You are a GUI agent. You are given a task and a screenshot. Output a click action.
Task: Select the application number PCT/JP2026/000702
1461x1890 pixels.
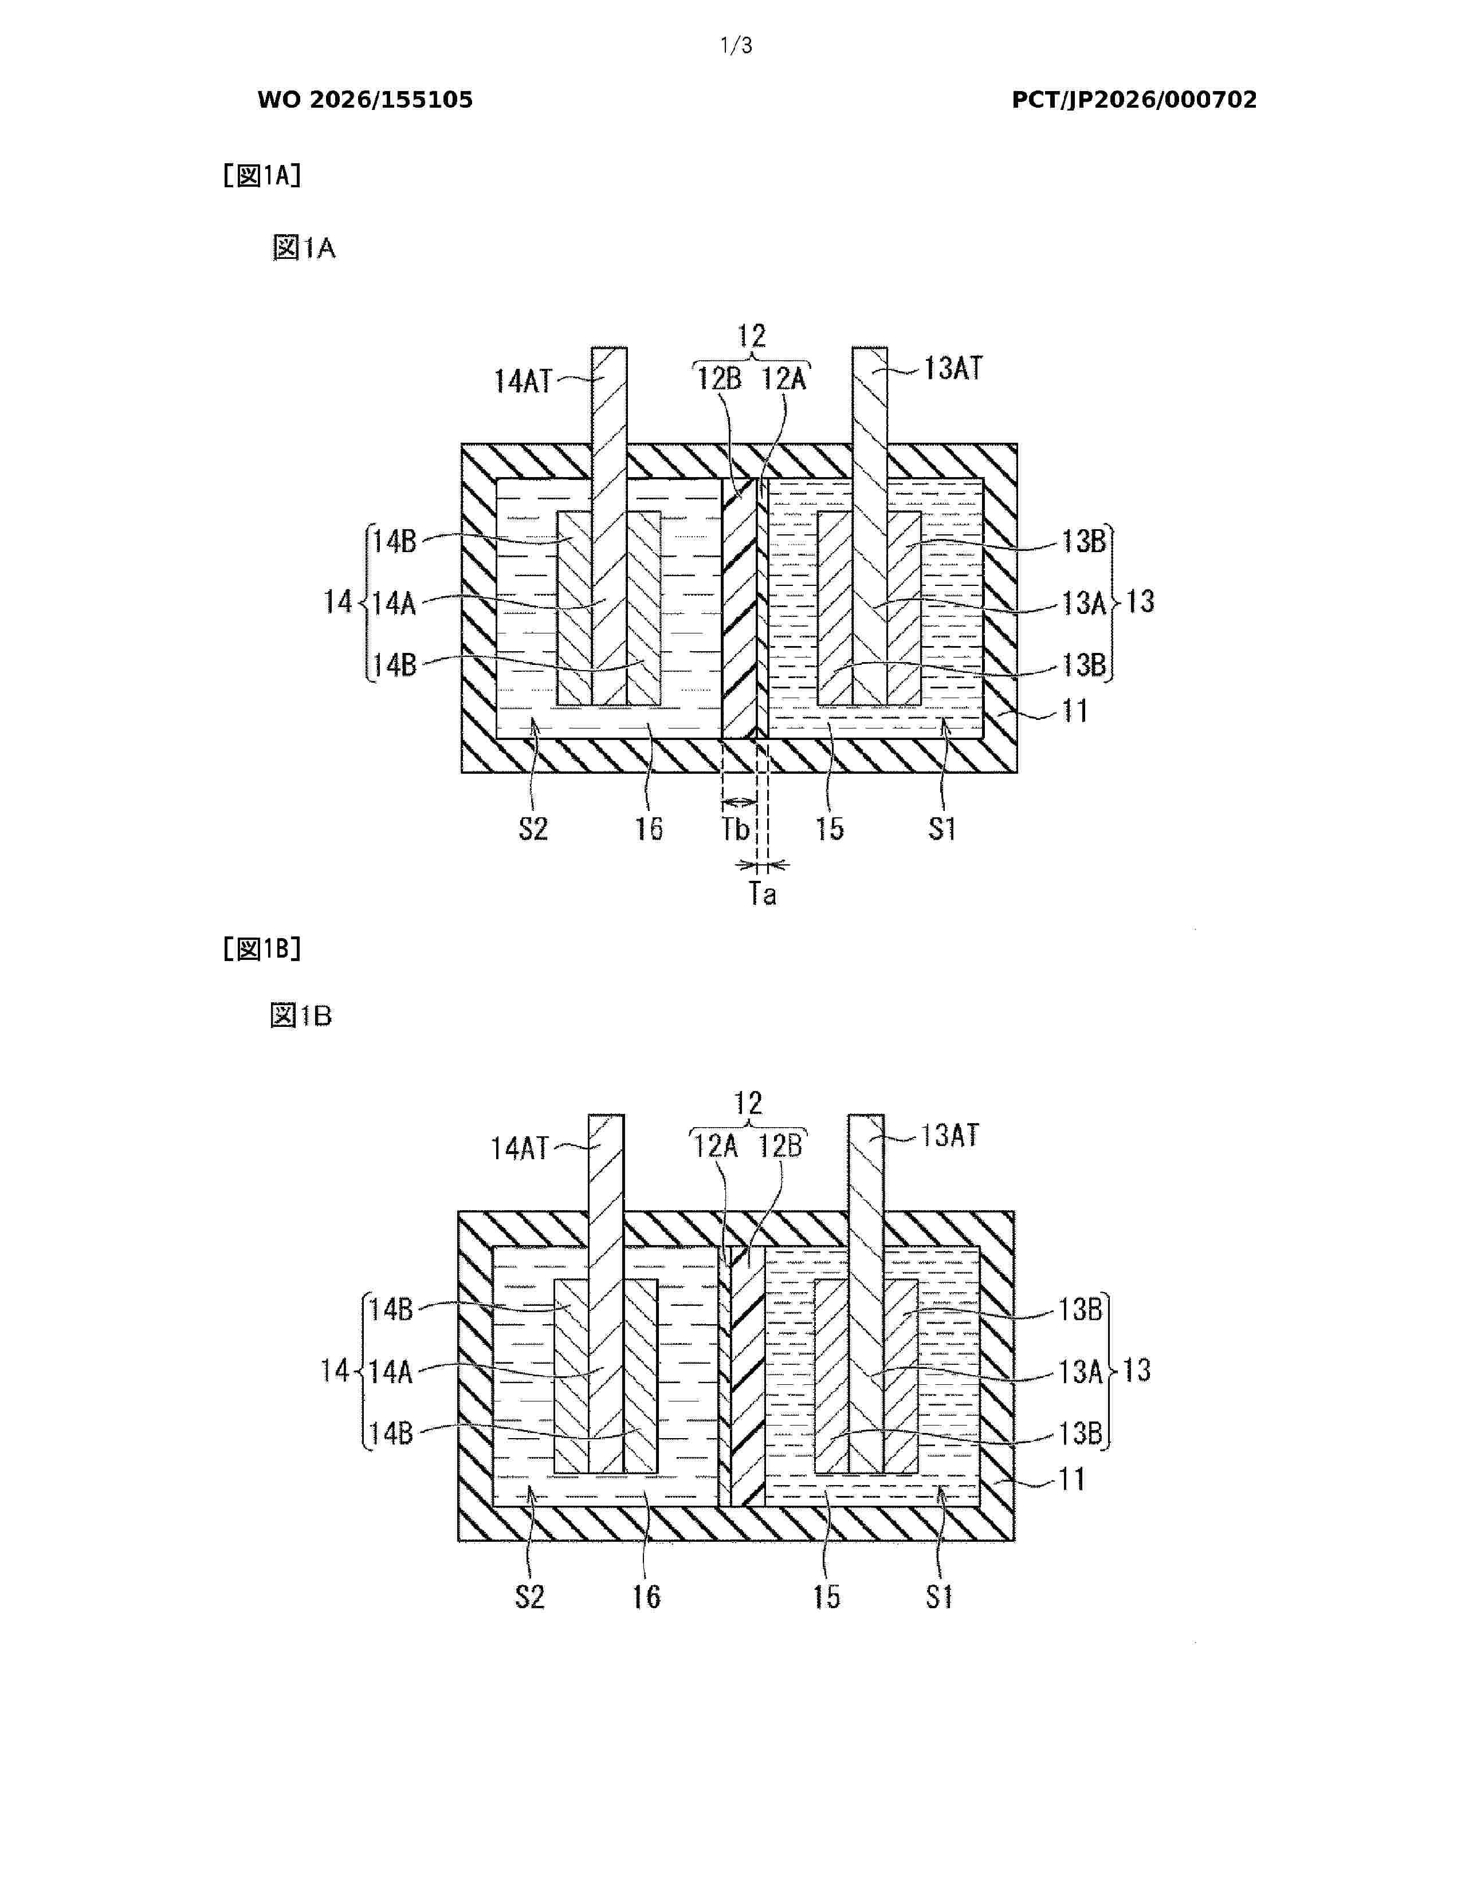[x=1134, y=100]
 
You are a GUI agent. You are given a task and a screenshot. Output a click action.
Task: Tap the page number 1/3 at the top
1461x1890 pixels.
[x=737, y=46]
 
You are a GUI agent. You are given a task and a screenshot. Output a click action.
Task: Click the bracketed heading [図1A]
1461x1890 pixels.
[x=261, y=176]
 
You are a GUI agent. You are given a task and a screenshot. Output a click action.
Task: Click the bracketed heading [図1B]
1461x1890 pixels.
[x=261, y=950]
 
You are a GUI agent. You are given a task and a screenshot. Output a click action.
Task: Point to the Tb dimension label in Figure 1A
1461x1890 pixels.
[x=736, y=829]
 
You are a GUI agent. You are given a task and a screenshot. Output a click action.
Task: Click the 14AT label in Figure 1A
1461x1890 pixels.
[x=523, y=381]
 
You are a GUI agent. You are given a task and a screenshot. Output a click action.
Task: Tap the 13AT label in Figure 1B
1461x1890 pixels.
[x=949, y=1135]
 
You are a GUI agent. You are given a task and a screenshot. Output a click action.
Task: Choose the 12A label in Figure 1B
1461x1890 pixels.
[x=716, y=1147]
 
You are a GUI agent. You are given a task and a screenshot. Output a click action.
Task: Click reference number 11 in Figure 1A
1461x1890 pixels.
[x=1075, y=711]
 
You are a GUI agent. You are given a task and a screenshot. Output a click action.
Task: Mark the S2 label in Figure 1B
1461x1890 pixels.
[x=530, y=1597]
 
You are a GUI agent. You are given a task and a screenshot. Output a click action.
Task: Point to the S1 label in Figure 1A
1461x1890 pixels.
[x=942, y=829]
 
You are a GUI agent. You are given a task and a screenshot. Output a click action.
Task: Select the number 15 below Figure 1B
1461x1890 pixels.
[x=827, y=1597]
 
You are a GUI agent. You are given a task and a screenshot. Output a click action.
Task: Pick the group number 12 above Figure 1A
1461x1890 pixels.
[x=751, y=336]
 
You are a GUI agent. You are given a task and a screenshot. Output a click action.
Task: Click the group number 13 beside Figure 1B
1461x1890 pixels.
[x=1137, y=1370]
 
